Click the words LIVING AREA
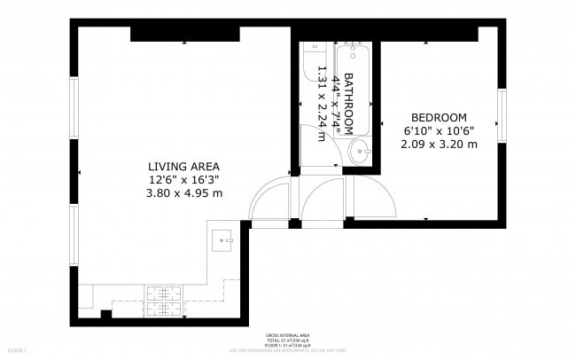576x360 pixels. [183, 166]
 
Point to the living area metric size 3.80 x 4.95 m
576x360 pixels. [183, 192]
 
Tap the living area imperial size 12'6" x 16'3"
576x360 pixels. [183, 179]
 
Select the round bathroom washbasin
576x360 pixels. [361, 151]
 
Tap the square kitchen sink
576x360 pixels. [222, 237]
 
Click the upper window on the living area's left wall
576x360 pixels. [74, 103]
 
